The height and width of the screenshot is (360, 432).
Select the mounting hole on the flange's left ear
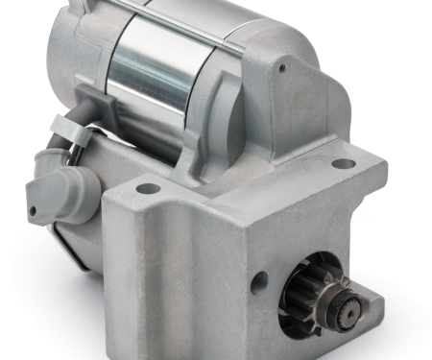[x=146, y=188]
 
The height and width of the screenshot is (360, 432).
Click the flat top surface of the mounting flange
[x=240, y=178]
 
